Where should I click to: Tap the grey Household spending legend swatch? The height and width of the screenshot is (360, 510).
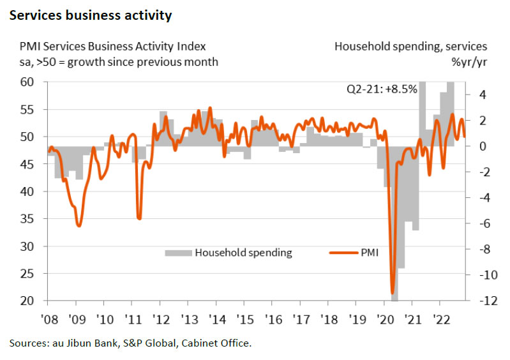coord(178,253)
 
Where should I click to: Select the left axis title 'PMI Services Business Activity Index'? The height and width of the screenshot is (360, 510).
coord(109,47)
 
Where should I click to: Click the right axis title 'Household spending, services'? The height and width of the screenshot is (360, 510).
coord(411,47)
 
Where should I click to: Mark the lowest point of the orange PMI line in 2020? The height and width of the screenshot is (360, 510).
coord(393,293)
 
